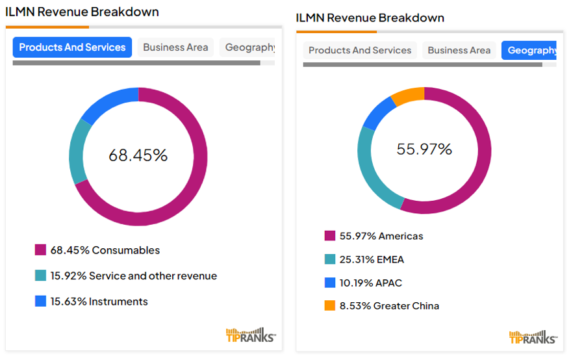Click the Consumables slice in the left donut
coord(195,188)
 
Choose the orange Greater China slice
coord(407,95)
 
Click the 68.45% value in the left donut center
coord(138,156)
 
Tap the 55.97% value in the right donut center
coord(424,149)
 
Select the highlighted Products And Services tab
coord(72,47)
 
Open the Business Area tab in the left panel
coord(175,47)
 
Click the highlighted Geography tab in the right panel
coord(530,51)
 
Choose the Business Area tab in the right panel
coord(459,51)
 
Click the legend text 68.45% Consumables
coord(105,250)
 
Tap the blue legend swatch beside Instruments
coord(41,302)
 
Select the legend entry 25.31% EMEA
coord(372,259)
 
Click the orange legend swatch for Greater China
coord(330,306)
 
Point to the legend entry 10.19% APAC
coord(370,283)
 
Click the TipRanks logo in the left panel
coord(250,335)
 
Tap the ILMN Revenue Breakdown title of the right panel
coord(370,18)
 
